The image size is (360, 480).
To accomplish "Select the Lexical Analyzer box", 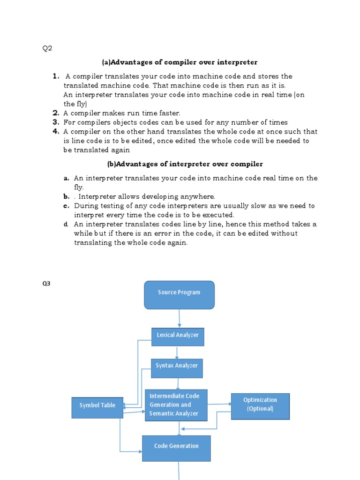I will click(178, 335).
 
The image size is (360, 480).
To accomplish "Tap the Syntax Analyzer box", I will click(177, 366).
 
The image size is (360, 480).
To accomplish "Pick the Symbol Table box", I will click(97, 405).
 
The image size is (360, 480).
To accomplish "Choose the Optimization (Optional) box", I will click(260, 404).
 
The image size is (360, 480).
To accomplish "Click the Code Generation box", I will click(176, 446).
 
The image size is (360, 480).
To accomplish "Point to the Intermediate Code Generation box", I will click(176, 405).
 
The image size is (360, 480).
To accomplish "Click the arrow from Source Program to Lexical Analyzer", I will click(179, 319).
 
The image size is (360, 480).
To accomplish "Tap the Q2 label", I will click(47, 49).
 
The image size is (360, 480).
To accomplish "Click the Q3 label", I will click(46, 284).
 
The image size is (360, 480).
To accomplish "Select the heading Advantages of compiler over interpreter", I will click(180, 62).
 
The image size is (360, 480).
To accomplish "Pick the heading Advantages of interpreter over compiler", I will click(185, 164).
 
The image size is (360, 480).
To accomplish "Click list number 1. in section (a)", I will click(56, 76).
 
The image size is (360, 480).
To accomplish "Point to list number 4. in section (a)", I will click(56, 131).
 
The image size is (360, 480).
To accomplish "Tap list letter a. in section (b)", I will click(67, 178).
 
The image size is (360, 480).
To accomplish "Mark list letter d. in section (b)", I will click(67, 225).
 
